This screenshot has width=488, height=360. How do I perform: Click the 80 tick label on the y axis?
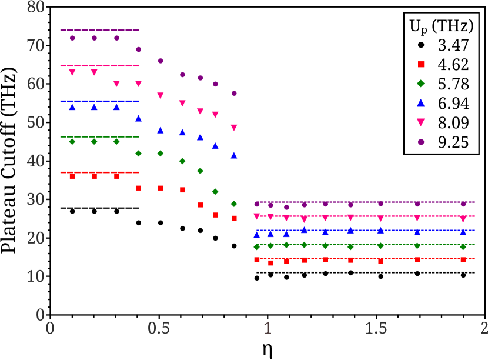tap(35, 8)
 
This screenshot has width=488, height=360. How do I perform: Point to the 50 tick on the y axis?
tap(35, 123)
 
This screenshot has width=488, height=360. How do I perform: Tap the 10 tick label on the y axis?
tap(35, 276)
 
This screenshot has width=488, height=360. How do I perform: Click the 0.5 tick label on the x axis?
tap(159, 328)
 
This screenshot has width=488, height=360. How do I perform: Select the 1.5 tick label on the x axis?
tap(376, 328)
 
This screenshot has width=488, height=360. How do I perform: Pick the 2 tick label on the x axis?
tap(483, 328)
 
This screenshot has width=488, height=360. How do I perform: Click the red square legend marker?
tap(421, 65)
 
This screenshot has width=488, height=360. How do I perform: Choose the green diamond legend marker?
tap(421, 84)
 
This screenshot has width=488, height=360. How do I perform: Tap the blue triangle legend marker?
tap(421, 102)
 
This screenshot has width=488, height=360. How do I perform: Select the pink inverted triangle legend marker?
tap(421, 122)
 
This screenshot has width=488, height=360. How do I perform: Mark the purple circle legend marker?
tap(421, 142)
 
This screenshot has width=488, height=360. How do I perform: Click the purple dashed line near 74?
tap(99, 30)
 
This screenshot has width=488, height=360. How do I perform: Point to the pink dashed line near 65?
tap(99, 66)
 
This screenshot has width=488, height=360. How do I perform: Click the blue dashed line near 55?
tap(99, 101)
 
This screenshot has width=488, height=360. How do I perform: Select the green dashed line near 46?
tap(99, 137)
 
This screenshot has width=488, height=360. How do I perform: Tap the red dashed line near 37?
tap(99, 172)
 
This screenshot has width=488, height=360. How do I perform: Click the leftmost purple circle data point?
tap(72, 38)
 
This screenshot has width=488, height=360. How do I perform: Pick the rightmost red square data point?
tap(463, 259)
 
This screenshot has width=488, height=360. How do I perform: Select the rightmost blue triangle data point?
tap(463, 232)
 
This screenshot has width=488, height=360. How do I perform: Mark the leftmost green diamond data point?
tap(72, 142)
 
